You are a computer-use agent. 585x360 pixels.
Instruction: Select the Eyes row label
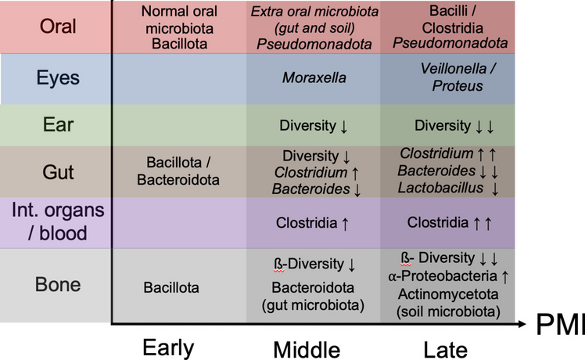click(58, 78)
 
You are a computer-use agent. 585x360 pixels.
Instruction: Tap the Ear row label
click(58, 124)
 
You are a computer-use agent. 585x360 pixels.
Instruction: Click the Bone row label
click(58, 283)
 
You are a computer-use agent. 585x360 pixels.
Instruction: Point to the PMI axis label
click(561, 324)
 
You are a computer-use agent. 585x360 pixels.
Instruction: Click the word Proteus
click(458, 86)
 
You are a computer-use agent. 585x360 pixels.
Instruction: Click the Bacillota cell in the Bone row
click(171, 287)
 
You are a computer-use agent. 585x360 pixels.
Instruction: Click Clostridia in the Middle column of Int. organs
click(306, 222)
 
